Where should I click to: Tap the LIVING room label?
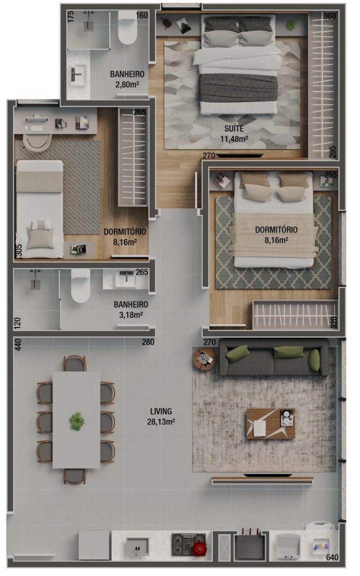coord(161,411)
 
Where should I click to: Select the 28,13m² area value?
coord(161,421)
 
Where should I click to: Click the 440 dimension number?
coord(18,345)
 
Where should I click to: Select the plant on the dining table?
coord(76,420)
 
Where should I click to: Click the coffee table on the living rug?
coord(270,424)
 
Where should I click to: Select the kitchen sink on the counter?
coord(137,547)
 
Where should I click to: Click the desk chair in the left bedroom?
coord(37,141)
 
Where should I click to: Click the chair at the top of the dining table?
coord(75,363)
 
